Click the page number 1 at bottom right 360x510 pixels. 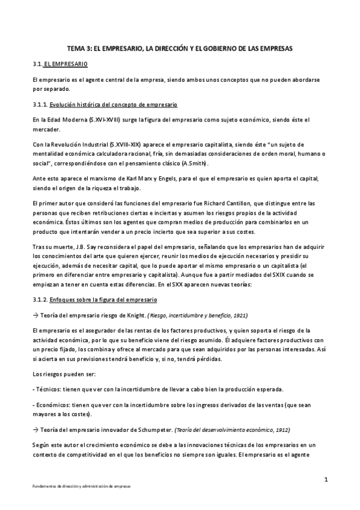pyautogui.click(x=325, y=479)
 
